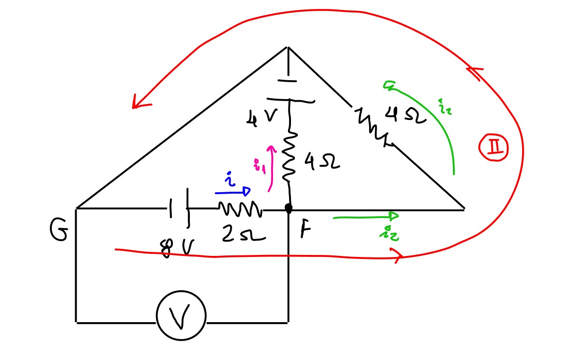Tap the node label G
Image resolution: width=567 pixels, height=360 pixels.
pyautogui.click(x=59, y=232)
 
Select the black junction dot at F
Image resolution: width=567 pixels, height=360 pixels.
pyautogui.click(x=288, y=208)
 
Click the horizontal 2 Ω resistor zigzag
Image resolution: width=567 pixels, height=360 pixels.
pyautogui.click(x=240, y=209)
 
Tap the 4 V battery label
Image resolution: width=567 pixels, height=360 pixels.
pyautogui.click(x=261, y=118)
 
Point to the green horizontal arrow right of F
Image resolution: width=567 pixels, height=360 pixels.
pyautogui.click(x=366, y=217)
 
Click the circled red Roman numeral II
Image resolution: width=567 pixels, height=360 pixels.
pyautogui.click(x=493, y=148)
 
